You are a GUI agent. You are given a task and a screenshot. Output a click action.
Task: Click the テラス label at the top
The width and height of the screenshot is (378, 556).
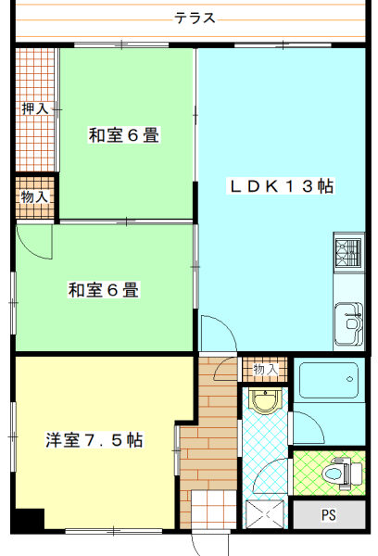pos(195,18)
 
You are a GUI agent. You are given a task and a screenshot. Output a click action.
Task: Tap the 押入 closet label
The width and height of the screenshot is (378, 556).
pos(35,108)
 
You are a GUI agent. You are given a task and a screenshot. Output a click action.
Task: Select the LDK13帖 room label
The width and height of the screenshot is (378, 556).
pos(281,186)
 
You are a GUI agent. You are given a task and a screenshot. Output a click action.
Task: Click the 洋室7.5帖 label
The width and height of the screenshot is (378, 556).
pos(94,440)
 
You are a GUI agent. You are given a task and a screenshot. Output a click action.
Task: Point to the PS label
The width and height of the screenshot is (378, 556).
pos(329,515)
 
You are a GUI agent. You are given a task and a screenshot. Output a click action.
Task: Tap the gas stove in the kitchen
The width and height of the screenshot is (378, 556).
pos(349,253)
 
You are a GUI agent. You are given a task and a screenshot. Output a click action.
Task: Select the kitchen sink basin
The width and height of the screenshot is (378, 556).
pos(349,324)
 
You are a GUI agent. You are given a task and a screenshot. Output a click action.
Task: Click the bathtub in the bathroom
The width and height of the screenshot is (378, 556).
pos(329,380)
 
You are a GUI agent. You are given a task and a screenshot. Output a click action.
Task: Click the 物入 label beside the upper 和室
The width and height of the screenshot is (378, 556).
pos(34,196)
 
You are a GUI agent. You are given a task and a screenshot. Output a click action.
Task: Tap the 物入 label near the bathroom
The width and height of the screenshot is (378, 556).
pos(265,370)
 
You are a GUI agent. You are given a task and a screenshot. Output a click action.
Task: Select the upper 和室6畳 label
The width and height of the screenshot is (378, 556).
pos(124,135)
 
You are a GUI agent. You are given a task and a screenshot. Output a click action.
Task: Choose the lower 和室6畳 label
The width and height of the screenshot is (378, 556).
pos(104,290)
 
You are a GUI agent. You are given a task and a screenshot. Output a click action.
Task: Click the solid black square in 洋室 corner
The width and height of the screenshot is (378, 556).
pos(28,520)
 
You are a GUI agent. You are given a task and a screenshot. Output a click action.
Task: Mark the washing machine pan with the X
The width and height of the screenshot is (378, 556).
pos(265,513)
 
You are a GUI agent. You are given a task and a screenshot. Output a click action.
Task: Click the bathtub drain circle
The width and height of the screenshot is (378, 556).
pos(349,379)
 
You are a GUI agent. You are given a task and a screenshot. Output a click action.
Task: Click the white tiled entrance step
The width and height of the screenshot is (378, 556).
pos(213,510)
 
